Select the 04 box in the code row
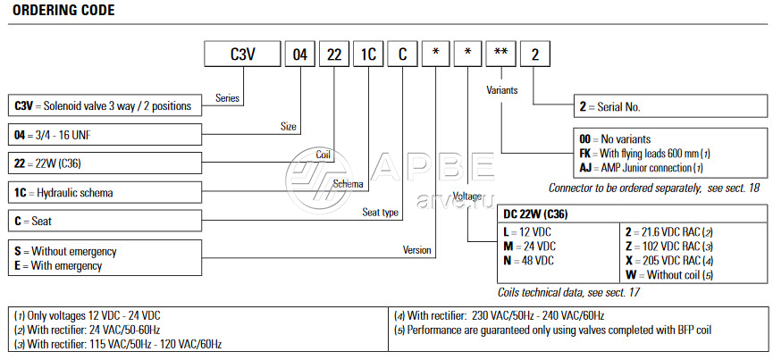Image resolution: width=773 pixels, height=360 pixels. pyautogui.click(x=301, y=54)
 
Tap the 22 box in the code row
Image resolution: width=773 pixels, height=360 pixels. pyautogui.click(x=334, y=54)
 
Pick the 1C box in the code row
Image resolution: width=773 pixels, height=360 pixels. pyautogui.click(x=368, y=54)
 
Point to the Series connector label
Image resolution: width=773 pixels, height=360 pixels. pyautogui.click(x=227, y=98)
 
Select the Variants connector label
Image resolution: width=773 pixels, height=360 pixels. pyautogui.click(x=502, y=90)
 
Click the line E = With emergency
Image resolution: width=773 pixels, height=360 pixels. pyautogui.click(x=59, y=264)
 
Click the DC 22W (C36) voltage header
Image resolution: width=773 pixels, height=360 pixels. pyautogui.click(x=535, y=215)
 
